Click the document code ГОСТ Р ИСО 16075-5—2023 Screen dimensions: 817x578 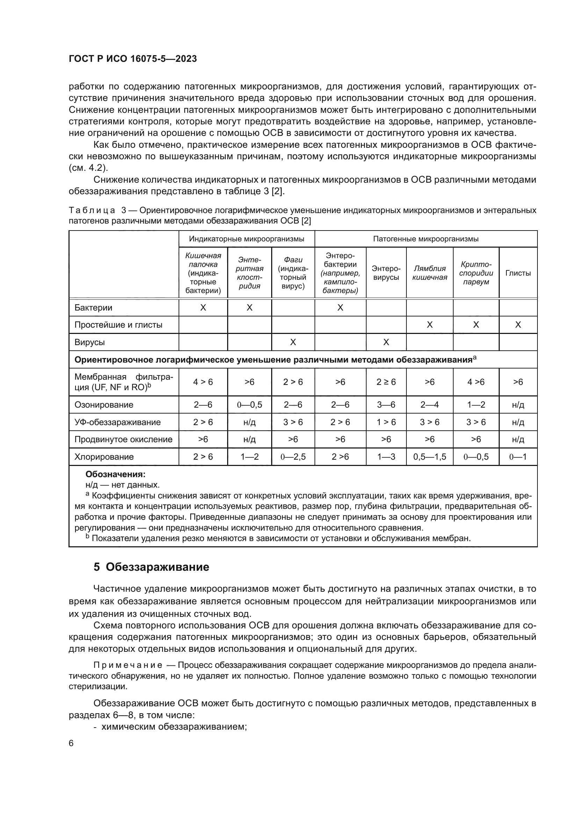132,59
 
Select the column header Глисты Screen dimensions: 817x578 518,273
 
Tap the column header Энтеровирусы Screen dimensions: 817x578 386,273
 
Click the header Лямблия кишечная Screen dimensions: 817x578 429,273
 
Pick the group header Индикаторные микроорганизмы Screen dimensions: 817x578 246,239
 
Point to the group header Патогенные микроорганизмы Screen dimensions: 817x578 426,239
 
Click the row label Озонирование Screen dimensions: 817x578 103,404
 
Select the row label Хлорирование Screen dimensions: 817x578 103,457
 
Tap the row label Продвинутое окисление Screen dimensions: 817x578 123,439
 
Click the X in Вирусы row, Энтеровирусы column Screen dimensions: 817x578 386,342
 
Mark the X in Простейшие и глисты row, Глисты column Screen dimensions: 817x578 518,324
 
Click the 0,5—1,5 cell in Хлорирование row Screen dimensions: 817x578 429,457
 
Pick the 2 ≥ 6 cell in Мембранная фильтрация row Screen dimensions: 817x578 386,382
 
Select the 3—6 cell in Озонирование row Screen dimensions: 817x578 386,404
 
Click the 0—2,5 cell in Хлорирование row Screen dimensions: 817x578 293,457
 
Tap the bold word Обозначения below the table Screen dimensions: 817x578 115,474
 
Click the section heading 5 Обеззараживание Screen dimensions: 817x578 151,567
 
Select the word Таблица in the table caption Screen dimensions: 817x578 92,210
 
